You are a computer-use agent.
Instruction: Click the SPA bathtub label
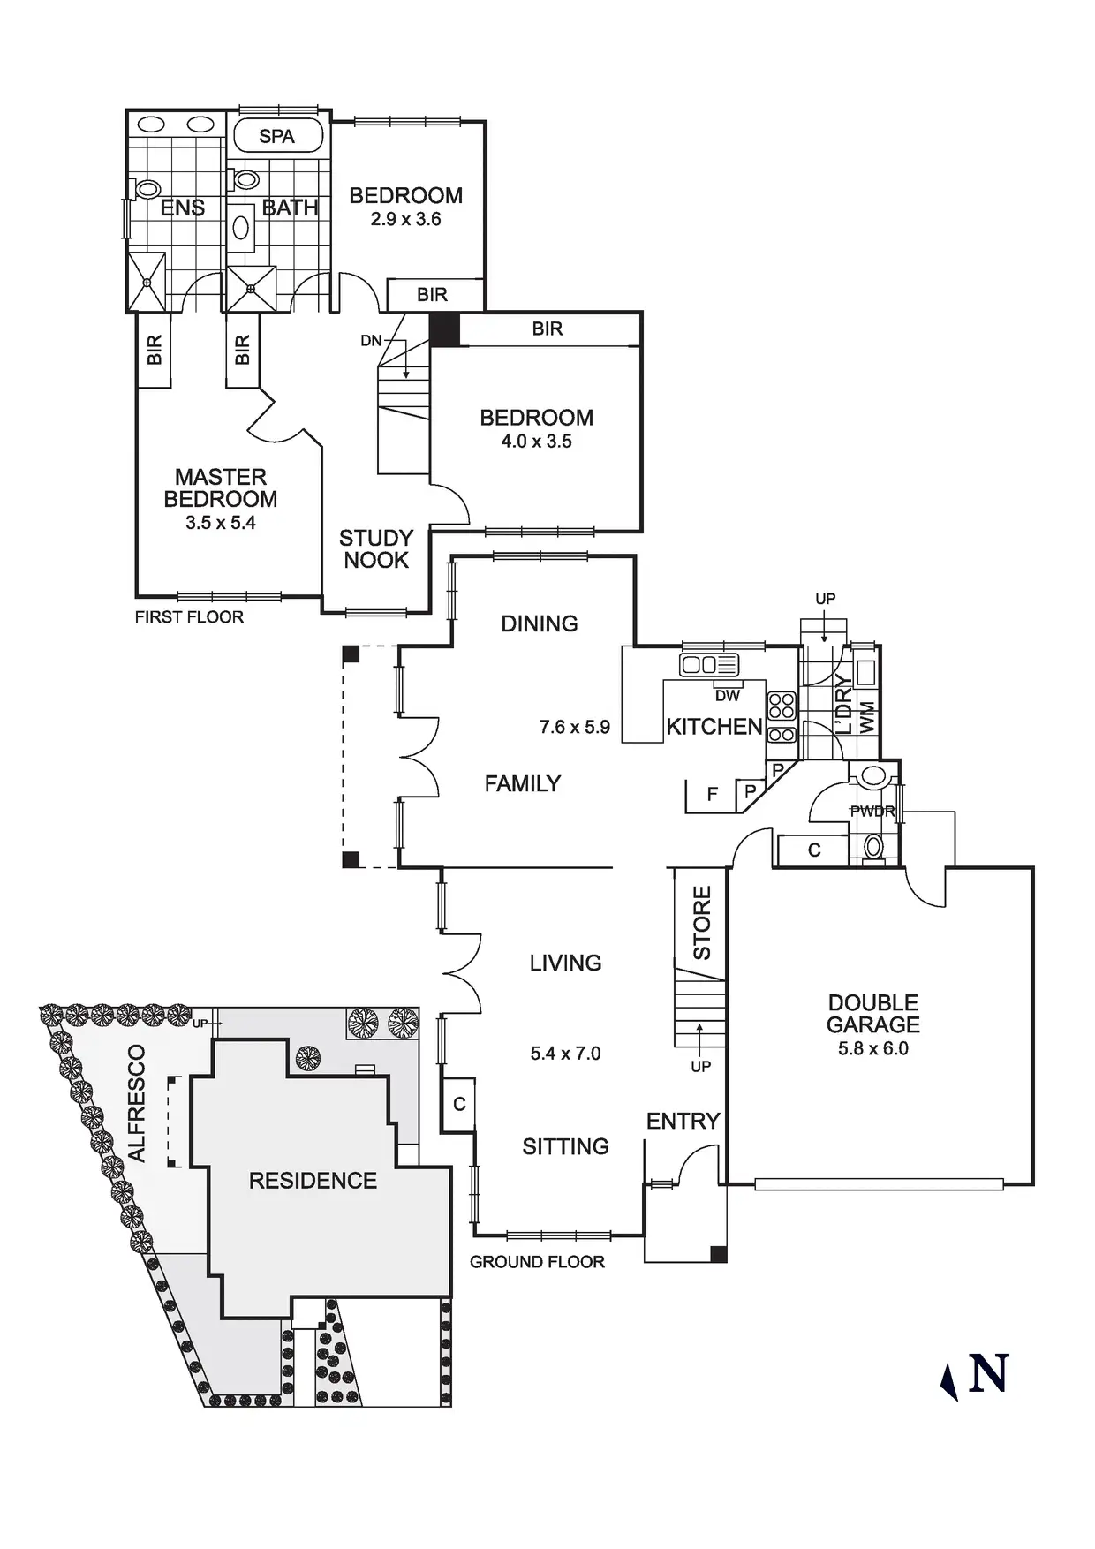coord(276,137)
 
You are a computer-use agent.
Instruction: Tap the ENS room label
coord(183,208)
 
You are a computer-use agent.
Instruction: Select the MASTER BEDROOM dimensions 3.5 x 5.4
coord(221,523)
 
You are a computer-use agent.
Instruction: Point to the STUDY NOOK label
coord(376,549)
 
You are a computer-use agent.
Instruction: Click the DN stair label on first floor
coord(371,341)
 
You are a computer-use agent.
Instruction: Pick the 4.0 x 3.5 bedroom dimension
coord(537,442)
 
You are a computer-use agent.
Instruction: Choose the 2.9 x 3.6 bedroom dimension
coord(406,219)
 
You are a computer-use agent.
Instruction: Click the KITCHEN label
coord(714,727)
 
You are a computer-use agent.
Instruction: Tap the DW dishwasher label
coord(728,696)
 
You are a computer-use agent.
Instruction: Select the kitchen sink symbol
coord(709,665)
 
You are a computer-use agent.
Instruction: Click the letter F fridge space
coord(713,795)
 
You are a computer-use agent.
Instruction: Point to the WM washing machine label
coord(867,717)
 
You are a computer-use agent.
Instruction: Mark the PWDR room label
coord(872,811)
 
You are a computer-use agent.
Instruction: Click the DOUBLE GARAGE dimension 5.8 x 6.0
coord(873,1049)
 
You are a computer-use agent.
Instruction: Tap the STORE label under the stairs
coord(702,923)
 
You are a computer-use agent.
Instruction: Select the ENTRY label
coord(683,1122)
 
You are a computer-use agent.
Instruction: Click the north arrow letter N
coord(988,1373)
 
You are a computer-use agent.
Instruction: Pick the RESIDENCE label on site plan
coord(313,1181)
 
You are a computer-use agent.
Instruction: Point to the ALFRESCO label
coord(136,1103)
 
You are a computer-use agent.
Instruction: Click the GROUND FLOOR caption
coord(537,1262)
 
